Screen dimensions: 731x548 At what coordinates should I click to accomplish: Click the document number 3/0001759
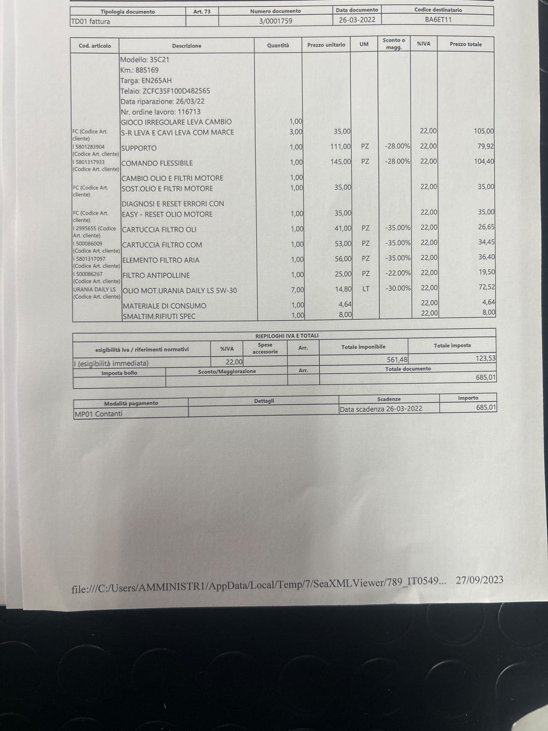(275, 21)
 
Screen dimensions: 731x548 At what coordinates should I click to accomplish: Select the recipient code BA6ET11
(438, 20)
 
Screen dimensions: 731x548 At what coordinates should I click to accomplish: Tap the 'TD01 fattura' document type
(90, 21)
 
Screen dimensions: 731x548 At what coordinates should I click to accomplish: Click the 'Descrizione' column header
(187, 46)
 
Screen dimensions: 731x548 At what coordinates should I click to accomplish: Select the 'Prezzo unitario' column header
(326, 45)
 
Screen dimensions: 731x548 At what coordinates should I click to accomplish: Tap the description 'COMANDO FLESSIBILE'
(157, 163)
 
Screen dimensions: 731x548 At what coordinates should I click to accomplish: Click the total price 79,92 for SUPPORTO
(485, 146)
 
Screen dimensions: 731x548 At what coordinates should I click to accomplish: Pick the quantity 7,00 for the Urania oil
(298, 290)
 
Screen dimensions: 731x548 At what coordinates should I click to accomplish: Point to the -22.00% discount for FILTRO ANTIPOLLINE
(398, 273)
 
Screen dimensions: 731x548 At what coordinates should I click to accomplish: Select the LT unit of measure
(366, 289)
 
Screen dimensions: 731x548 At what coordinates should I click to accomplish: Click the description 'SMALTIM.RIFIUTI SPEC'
(159, 316)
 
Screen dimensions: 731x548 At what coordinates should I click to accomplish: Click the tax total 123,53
(485, 358)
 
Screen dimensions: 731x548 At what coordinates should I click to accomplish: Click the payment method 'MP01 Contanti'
(98, 414)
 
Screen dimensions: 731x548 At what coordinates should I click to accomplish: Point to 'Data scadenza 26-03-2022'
(381, 409)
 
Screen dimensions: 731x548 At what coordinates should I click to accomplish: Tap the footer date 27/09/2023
(479, 580)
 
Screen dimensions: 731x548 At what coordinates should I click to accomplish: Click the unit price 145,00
(341, 162)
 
